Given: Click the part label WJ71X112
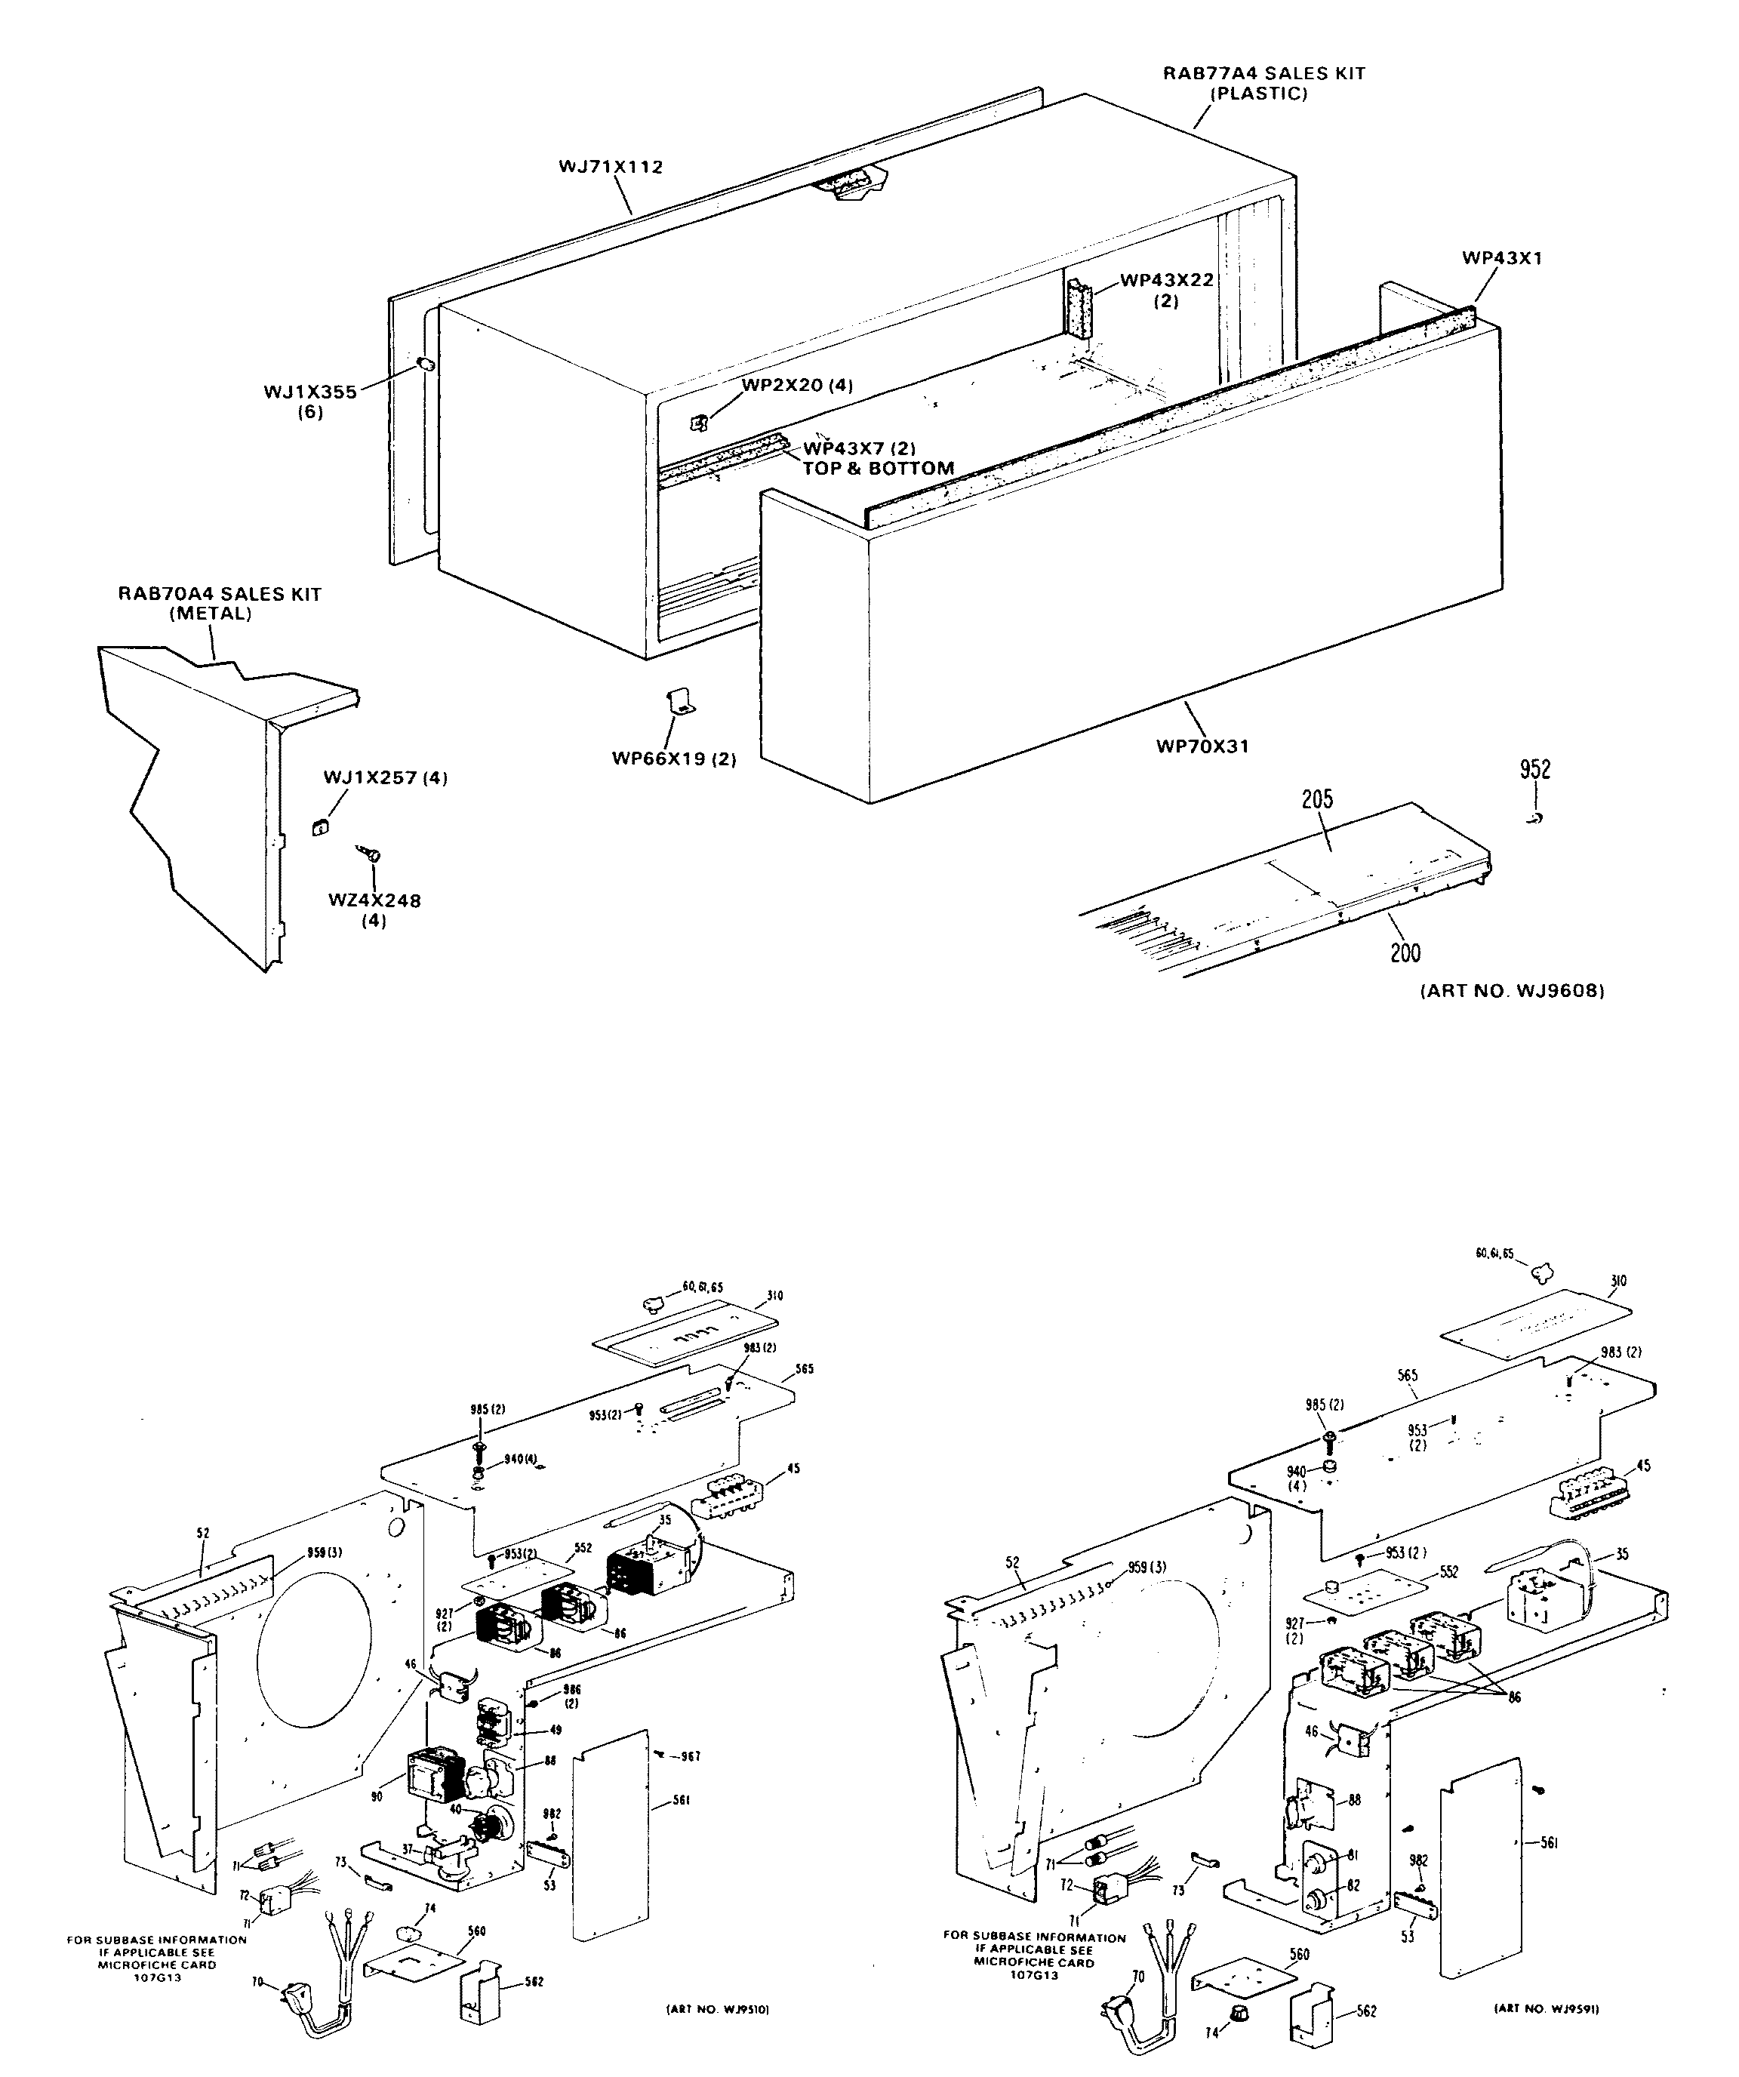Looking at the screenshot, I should tap(611, 167).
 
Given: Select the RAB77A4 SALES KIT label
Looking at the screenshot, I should tap(1263, 73).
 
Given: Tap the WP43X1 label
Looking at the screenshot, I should tap(1501, 258).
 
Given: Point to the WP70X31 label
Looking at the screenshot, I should tap(1202, 746).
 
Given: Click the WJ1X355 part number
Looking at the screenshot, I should tap(309, 392).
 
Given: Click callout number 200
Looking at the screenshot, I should tap(1405, 952).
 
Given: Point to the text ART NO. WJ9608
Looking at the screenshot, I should tap(1512, 990).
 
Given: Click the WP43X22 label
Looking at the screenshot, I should tap(1166, 281).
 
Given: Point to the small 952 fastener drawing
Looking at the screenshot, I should tap(1534, 818).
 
